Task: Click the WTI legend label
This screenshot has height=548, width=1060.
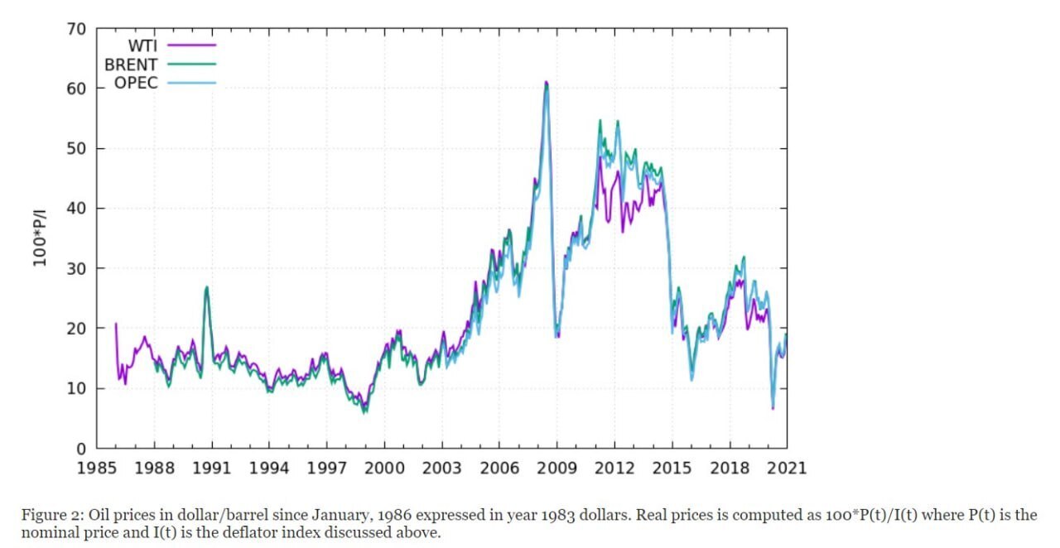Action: tap(142, 46)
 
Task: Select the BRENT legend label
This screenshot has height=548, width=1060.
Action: tap(131, 65)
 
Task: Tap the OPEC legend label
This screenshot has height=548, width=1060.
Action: tap(136, 84)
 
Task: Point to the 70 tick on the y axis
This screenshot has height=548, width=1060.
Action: tap(77, 29)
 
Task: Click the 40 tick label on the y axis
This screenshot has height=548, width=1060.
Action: tap(77, 209)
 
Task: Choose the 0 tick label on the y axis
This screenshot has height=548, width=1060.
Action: tap(82, 449)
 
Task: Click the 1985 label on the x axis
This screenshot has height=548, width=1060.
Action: tap(98, 469)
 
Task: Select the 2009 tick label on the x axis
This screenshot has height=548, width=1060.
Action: tap(556, 469)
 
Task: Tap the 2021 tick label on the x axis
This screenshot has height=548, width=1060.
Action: tap(786, 469)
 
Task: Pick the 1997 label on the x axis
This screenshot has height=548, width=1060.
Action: tap(327, 469)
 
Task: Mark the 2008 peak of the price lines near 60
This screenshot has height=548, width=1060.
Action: tap(546, 83)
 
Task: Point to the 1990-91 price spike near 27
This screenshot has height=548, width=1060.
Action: tap(206, 287)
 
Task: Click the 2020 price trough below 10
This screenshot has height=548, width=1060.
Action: tap(773, 407)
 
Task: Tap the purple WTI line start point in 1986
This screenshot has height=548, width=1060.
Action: tap(116, 324)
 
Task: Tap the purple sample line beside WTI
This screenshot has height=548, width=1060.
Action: tap(191, 46)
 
